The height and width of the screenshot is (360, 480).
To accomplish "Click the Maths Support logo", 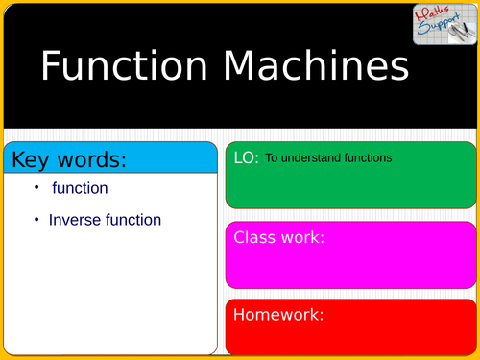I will coord(439,24).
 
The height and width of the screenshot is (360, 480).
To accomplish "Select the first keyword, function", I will coord(80,188).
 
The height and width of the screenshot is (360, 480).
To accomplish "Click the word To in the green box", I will coord(272,157).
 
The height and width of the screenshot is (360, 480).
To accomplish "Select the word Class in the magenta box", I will coord(256,237).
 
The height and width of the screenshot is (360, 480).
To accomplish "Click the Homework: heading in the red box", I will coord(278,314).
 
